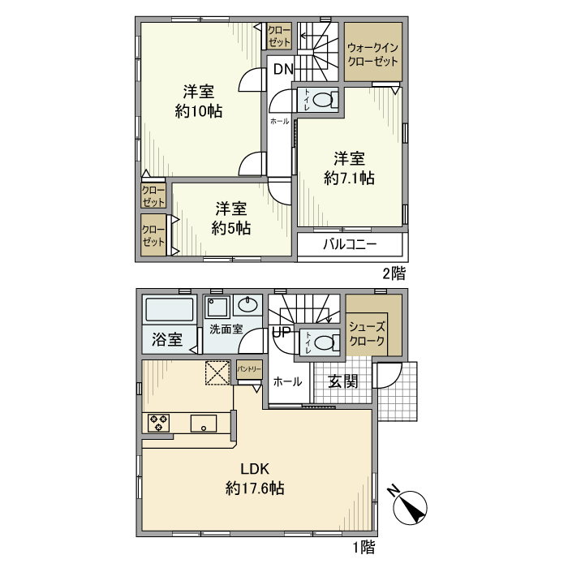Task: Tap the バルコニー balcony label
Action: click(x=350, y=244)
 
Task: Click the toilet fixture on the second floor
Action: click(x=324, y=101)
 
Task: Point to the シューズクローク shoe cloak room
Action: click(x=368, y=333)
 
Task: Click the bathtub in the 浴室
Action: click(x=170, y=311)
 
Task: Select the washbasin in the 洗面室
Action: click(x=247, y=306)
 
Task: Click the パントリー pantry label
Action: click(x=249, y=369)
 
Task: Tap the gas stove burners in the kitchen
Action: click(x=159, y=423)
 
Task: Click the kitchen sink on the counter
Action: click(x=203, y=423)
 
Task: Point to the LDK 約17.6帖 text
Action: click(x=254, y=478)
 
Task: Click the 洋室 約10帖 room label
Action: click(x=199, y=101)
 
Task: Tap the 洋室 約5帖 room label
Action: click(x=231, y=217)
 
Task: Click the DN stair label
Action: click(x=282, y=69)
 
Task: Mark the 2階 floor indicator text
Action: click(x=394, y=273)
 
